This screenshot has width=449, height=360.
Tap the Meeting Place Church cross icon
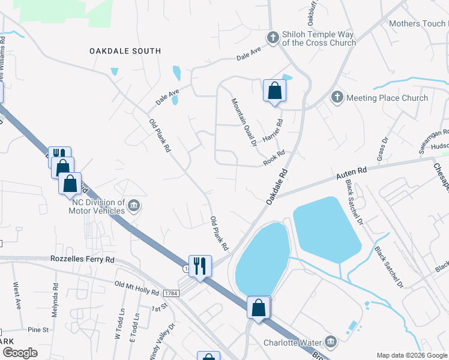coord(337,97)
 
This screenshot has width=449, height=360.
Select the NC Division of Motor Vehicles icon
coord(134,206)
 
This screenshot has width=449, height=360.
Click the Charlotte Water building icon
coord(331,343)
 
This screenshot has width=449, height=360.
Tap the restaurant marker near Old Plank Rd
coord(200,265)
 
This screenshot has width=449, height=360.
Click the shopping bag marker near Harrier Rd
coord(274,91)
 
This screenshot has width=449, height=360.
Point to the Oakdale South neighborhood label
coord(125,52)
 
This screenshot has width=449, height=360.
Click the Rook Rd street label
coord(273,159)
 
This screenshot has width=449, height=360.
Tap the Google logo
coord(21,353)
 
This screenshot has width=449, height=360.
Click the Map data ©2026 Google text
coord(412,355)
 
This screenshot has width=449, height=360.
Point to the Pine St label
coord(38,330)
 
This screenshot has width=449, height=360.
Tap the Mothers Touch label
coord(418,24)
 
